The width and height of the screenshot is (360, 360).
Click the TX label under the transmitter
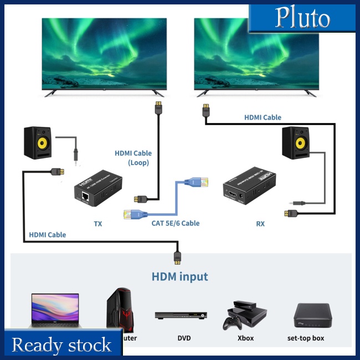click(98, 224)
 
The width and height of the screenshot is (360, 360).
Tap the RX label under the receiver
click(260, 224)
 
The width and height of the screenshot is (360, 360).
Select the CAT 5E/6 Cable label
click(175, 223)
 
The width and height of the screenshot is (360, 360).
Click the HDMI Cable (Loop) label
click(133, 158)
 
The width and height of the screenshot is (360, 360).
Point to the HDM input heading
click(180, 276)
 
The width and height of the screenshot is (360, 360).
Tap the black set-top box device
click(313, 315)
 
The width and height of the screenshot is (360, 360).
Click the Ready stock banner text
click(61, 345)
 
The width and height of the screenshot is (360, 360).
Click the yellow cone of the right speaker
click(299, 144)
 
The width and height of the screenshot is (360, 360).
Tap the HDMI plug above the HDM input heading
click(177, 256)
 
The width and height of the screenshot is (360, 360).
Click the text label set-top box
click(306, 338)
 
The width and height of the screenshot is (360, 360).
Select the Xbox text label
click(245, 338)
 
